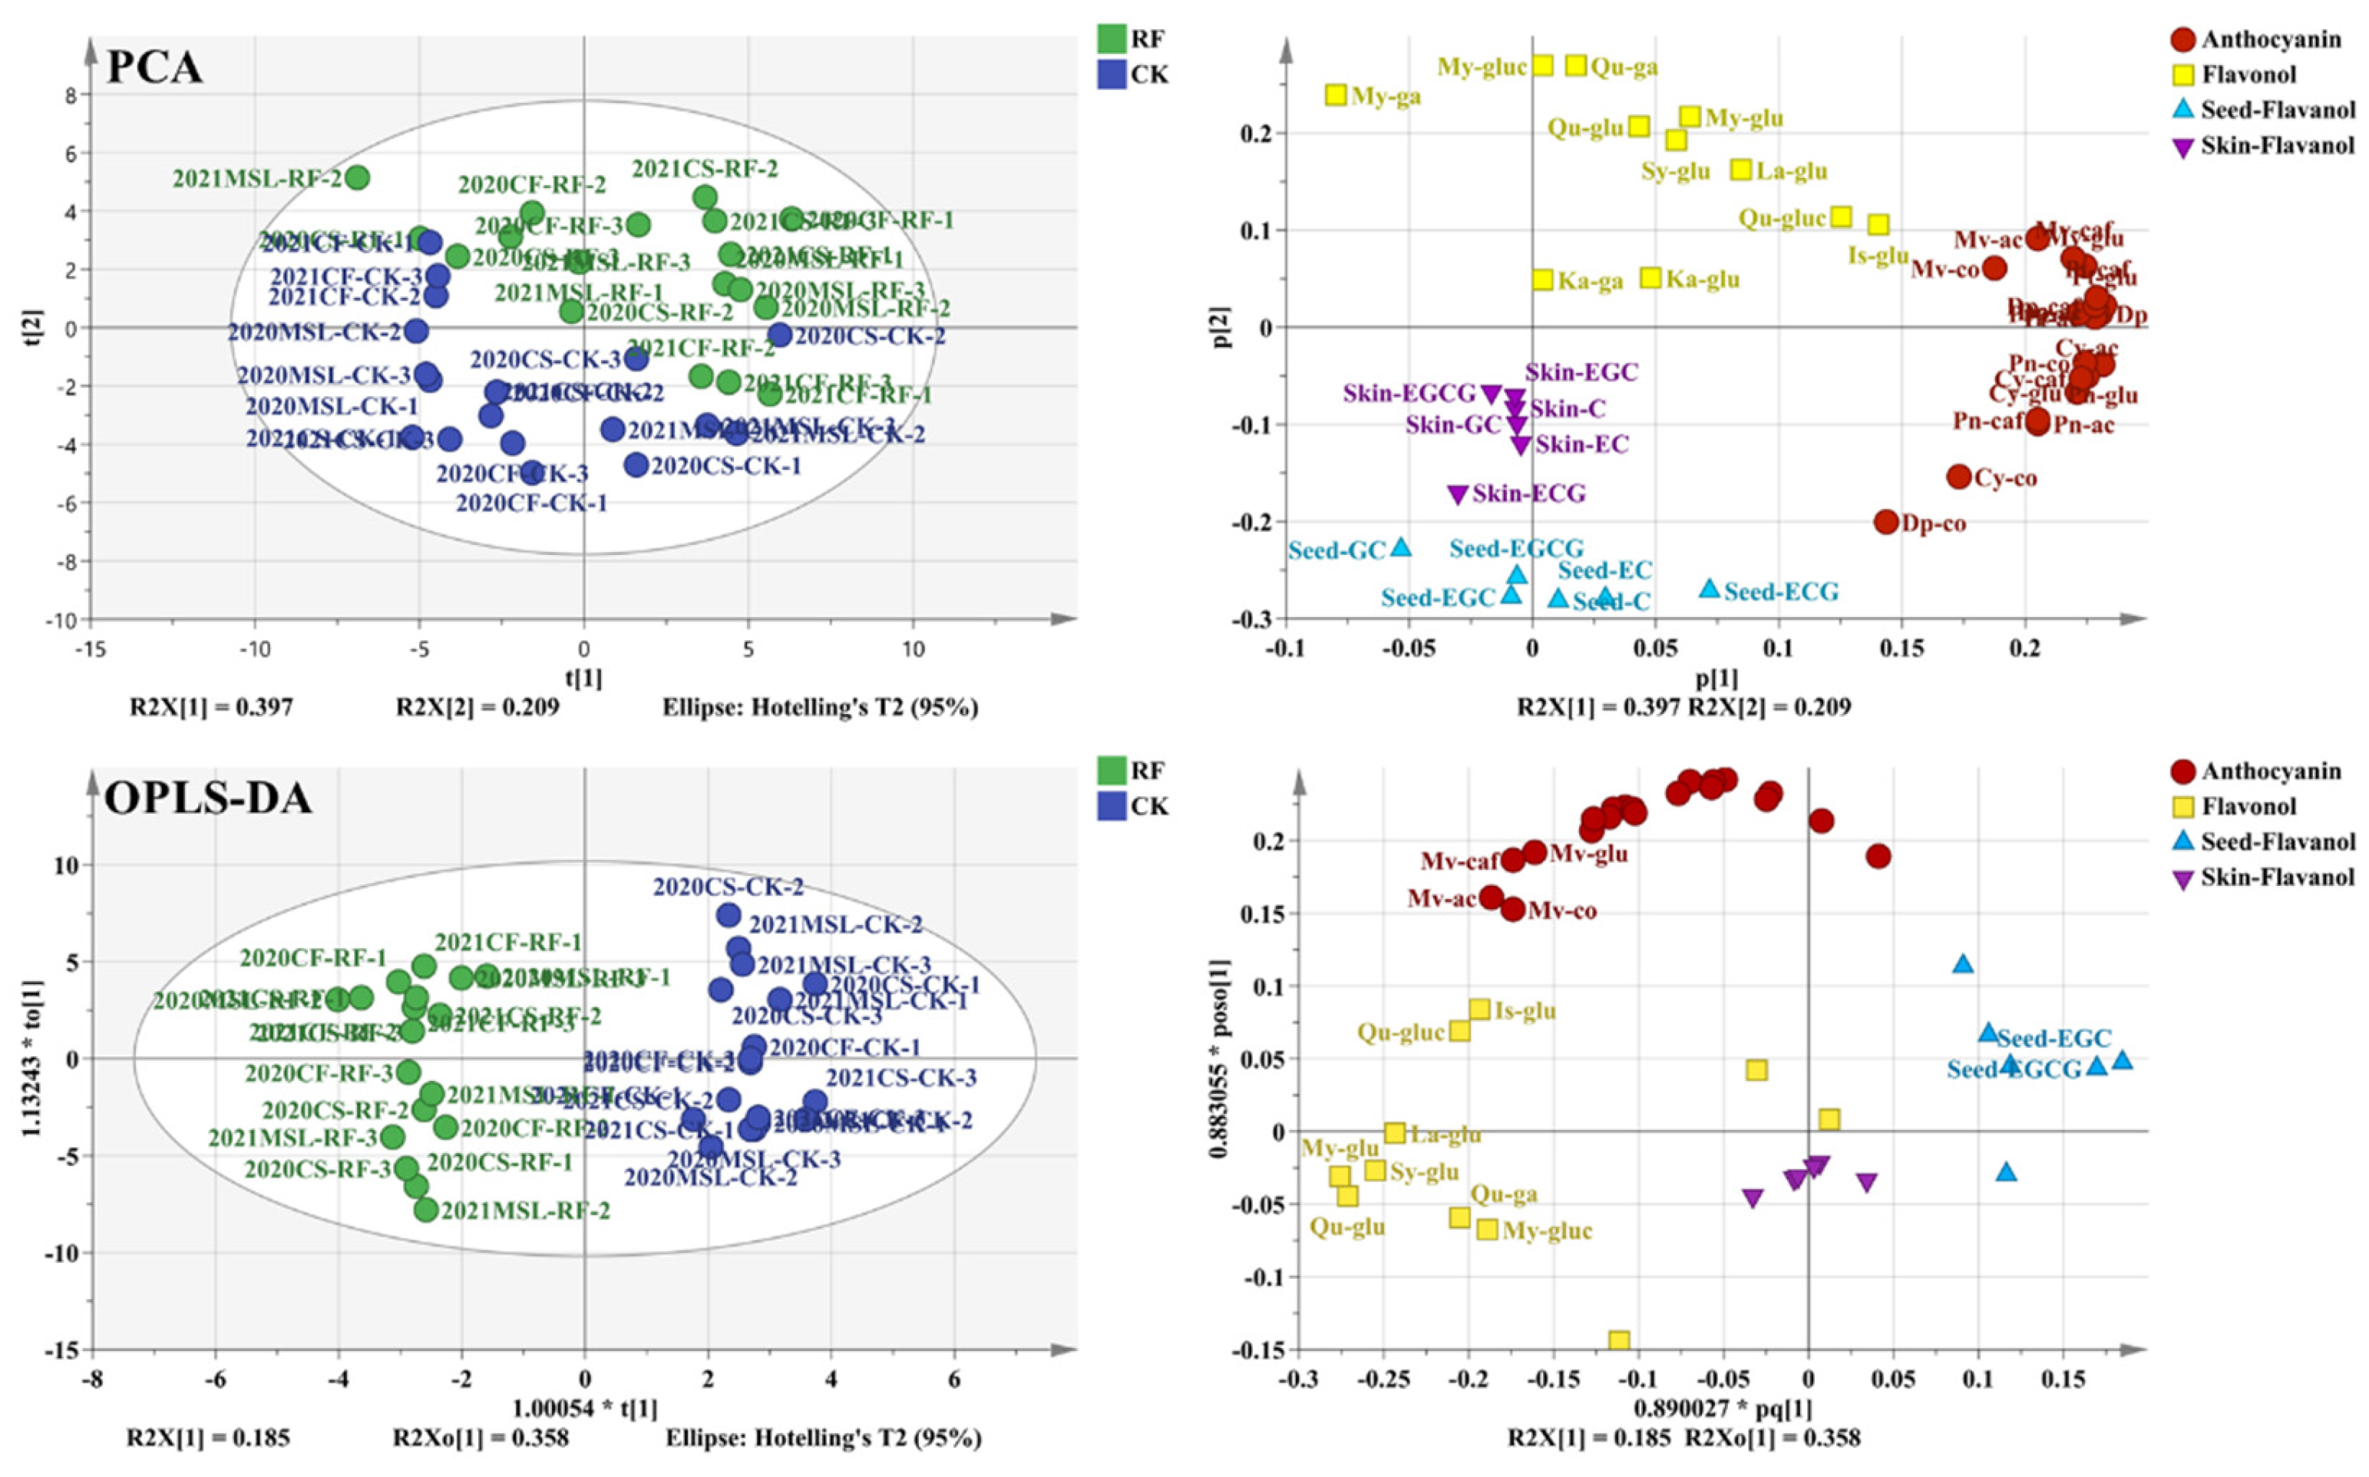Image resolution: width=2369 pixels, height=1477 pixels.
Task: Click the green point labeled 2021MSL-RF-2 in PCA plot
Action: coord(358,178)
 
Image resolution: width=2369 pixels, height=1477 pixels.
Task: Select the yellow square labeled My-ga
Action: coord(1336,94)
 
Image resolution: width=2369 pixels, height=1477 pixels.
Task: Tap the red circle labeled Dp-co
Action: coord(1886,522)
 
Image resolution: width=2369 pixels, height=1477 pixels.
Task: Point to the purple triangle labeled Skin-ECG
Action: coord(1458,494)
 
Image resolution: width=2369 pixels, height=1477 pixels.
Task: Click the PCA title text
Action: coord(154,68)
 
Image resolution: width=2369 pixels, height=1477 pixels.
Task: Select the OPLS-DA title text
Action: coord(207,799)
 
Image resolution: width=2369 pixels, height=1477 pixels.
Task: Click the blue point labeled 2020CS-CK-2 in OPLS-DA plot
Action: coord(728,915)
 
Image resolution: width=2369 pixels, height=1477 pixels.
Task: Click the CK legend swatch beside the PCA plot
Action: coord(1112,75)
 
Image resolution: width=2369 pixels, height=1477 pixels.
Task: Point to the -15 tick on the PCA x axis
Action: coord(91,649)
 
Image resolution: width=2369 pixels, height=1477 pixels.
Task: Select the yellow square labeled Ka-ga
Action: coord(1541,279)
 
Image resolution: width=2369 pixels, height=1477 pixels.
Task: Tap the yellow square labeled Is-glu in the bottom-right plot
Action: coord(1480,1009)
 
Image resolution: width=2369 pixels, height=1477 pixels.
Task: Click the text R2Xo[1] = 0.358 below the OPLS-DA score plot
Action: coord(480,1438)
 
